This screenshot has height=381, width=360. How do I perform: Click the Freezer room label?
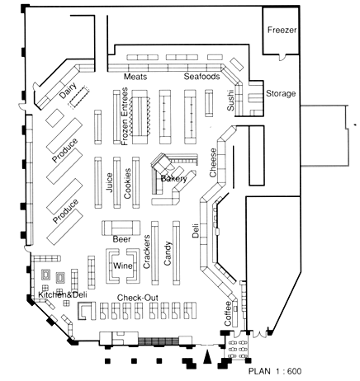click(282, 30)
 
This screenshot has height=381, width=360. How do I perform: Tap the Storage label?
click(281, 94)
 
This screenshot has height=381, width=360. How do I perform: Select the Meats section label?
click(135, 77)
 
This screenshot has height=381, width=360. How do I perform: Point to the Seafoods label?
click(201, 76)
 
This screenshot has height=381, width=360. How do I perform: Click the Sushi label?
click(230, 101)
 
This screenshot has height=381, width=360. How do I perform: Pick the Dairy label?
click(69, 91)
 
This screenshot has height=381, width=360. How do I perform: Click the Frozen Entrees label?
click(125, 116)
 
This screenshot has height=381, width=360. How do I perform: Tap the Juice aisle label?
click(109, 182)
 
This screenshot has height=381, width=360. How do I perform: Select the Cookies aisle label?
click(127, 183)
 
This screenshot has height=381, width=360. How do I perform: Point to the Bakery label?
click(173, 179)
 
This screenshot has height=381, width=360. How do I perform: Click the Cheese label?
click(213, 162)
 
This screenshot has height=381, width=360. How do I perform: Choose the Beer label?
click(121, 239)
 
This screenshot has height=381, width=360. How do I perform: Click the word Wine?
click(123, 266)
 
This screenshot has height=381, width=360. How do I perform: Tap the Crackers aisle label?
click(147, 252)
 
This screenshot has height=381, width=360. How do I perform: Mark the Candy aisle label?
click(168, 253)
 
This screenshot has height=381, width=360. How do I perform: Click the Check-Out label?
click(138, 298)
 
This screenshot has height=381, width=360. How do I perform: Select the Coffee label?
click(228, 313)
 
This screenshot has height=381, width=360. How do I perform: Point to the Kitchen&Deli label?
click(63, 295)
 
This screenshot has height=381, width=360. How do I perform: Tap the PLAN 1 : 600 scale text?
click(275, 371)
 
